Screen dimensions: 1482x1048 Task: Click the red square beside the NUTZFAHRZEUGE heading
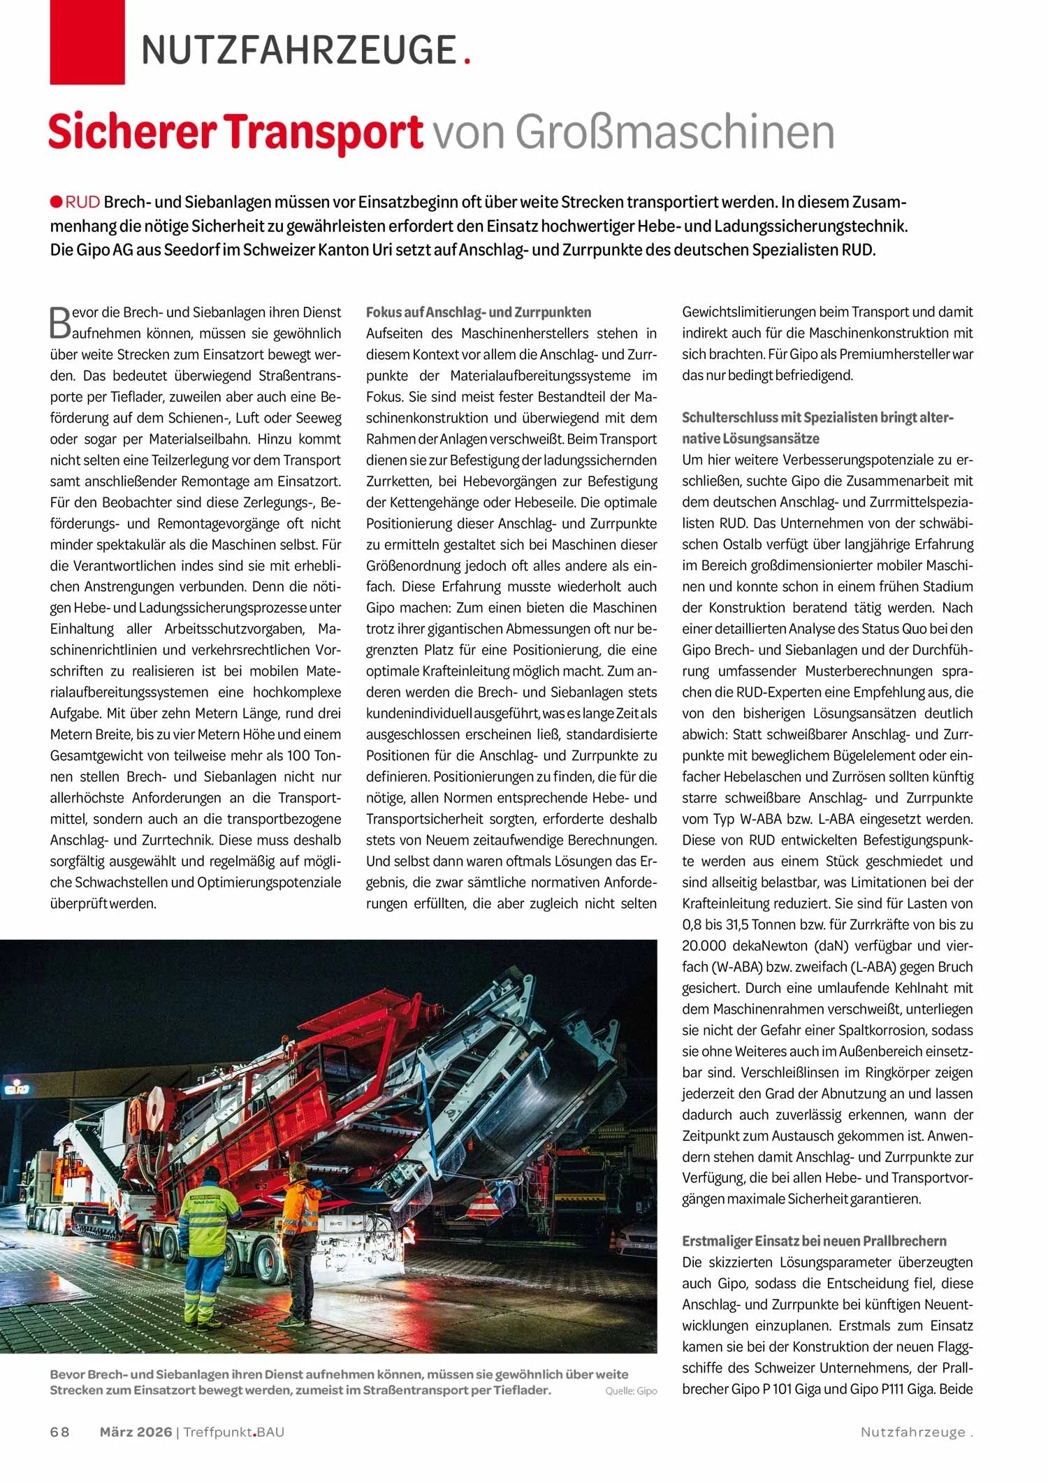(x=87, y=42)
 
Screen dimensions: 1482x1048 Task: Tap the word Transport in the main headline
(x=324, y=132)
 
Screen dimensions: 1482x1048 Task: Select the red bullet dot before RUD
(x=57, y=202)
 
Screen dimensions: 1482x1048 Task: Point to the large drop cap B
(x=60, y=322)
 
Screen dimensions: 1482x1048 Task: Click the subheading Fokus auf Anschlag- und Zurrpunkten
(x=479, y=312)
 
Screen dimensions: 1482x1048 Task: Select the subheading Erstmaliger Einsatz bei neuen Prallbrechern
(x=814, y=1241)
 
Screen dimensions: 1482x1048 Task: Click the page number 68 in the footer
(x=60, y=1432)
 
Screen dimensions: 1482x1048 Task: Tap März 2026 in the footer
(x=136, y=1432)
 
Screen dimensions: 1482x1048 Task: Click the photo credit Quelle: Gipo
(x=631, y=1391)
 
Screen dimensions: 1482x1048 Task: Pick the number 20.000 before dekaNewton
(x=704, y=945)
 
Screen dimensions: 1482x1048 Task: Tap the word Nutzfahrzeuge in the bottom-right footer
(x=912, y=1432)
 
